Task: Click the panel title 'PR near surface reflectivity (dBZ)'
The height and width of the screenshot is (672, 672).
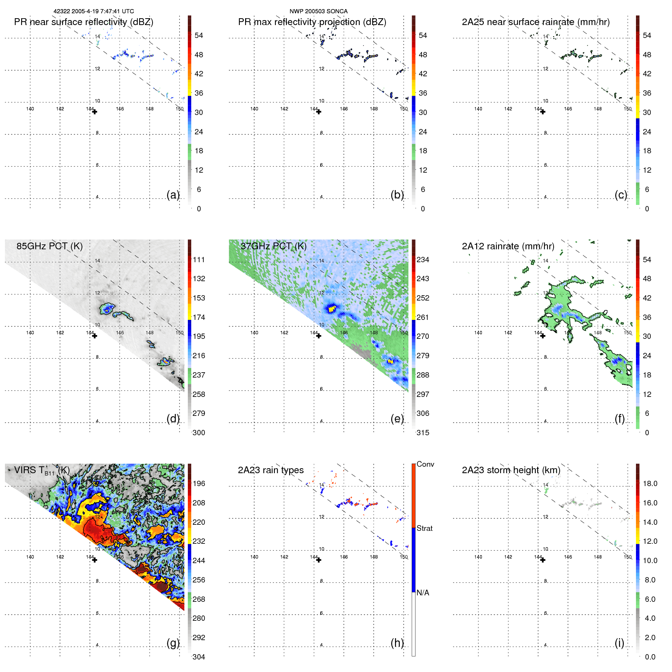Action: pyautogui.click(x=83, y=22)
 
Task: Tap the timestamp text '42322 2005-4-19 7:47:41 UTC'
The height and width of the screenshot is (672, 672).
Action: pyautogui.click(x=93, y=11)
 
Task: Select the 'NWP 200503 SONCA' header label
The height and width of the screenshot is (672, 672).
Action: pyautogui.click(x=318, y=11)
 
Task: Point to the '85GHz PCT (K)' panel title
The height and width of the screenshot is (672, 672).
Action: pyautogui.click(x=49, y=246)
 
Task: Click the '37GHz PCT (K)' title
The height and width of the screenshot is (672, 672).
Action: pyautogui.click(x=273, y=246)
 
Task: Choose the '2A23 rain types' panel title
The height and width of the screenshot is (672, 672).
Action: pyautogui.click(x=271, y=470)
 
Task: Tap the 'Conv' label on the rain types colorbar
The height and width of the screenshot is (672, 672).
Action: pyautogui.click(x=425, y=464)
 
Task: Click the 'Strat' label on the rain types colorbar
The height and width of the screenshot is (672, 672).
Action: pyautogui.click(x=424, y=528)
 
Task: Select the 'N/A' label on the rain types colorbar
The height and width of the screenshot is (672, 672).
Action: pyautogui.click(x=423, y=593)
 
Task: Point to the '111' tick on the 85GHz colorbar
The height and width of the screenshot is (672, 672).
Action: pyautogui.click(x=199, y=260)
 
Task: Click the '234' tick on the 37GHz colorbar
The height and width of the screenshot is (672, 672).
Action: pyautogui.click(x=423, y=260)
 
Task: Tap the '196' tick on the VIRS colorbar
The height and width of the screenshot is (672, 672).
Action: pyautogui.click(x=199, y=483)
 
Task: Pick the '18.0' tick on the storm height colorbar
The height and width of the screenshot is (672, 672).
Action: pyautogui.click(x=650, y=483)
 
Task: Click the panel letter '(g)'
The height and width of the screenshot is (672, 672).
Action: pyautogui.click(x=173, y=643)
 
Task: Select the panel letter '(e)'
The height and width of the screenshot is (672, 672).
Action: pyautogui.click(x=397, y=419)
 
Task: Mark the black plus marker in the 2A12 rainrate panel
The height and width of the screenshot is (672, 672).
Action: pyautogui.click(x=543, y=336)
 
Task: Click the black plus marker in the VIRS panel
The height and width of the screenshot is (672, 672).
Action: pyautogui.click(x=94, y=560)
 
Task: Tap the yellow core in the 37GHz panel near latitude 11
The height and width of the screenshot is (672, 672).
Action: pyautogui.click(x=332, y=308)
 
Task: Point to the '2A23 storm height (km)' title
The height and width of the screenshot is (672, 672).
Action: pyautogui.click(x=511, y=470)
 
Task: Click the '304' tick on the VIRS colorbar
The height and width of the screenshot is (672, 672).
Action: pyautogui.click(x=199, y=657)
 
